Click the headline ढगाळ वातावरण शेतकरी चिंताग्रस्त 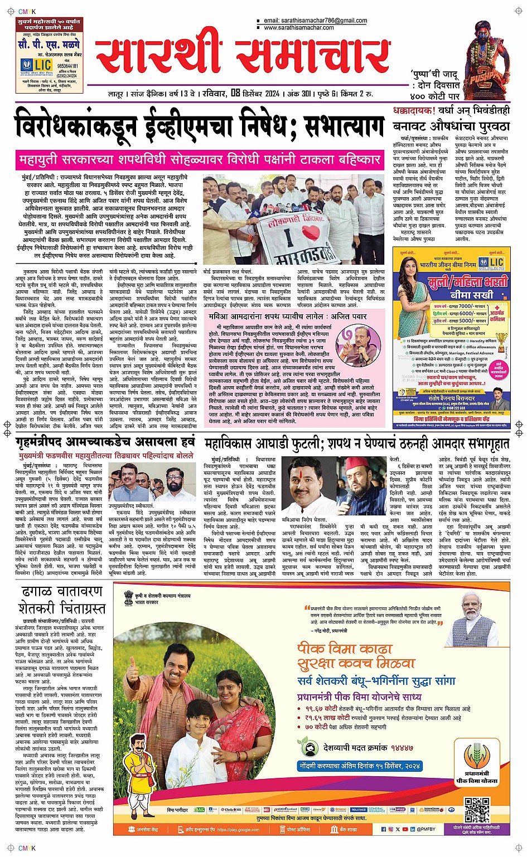(x=61, y=599)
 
